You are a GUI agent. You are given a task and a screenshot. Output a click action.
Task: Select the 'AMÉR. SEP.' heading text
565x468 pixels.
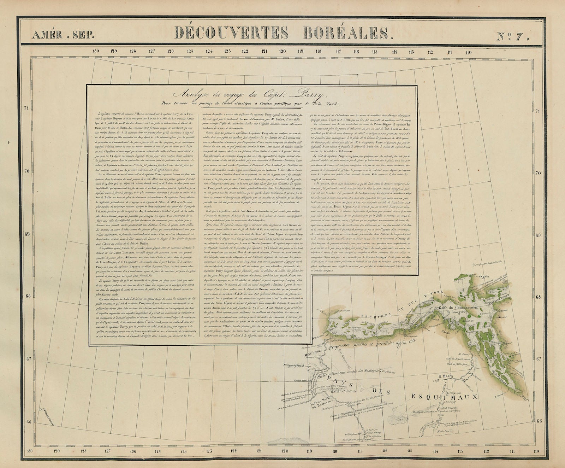pyautogui.click(x=63, y=35)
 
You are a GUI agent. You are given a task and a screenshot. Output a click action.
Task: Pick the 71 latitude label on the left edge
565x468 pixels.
pyautogui.click(x=25, y=108)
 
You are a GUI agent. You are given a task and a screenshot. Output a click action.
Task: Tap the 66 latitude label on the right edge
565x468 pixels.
pyautogui.click(x=539, y=421)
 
